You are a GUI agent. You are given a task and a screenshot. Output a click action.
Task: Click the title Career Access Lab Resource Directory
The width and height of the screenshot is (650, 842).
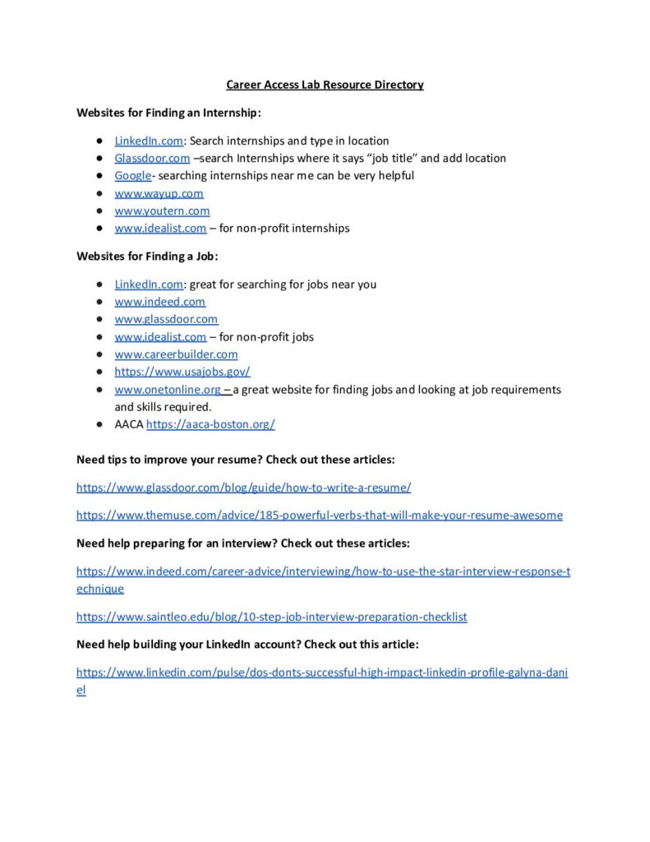click(x=325, y=85)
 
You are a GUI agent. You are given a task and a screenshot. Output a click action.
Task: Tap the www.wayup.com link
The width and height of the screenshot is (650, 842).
click(x=159, y=193)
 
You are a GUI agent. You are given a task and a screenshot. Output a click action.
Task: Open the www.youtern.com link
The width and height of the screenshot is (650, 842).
click(x=162, y=210)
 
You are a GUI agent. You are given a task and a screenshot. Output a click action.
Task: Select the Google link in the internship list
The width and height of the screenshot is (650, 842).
click(x=132, y=175)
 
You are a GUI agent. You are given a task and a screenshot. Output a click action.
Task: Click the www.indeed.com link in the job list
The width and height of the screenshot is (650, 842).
click(x=159, y=302)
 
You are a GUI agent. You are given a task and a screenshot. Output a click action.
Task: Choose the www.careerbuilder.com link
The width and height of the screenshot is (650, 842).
click(x=176, y=354)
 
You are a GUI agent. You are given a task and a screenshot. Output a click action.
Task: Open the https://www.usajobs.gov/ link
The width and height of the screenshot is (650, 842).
click(x=182, y=372)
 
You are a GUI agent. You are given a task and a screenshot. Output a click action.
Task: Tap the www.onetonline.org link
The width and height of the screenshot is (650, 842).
click(x=168, y=389)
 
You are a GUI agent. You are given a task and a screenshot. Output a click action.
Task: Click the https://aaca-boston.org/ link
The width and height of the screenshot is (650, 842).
click(x=210, y=424)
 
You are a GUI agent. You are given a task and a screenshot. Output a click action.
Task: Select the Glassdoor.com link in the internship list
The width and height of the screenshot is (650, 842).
click(x=152, y=158)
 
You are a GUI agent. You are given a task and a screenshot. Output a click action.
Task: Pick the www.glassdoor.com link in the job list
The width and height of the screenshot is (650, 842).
click(x=166, y=319)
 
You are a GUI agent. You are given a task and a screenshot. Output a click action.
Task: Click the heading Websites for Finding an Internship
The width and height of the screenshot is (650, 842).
click(x=168, y=113)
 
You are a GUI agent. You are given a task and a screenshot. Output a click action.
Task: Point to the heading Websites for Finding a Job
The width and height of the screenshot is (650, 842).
click(x=147, y=256)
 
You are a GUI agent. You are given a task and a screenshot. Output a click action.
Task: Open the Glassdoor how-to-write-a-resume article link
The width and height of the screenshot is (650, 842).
click(x=243, y=488)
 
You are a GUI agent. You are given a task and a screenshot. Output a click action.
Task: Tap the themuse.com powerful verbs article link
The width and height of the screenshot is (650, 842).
click(x=320, y=516)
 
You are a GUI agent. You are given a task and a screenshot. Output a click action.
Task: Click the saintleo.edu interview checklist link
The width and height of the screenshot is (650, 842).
click(x=271, y=617)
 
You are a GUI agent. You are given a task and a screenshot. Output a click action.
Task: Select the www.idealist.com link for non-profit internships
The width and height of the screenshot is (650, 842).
click(x=160, y=228)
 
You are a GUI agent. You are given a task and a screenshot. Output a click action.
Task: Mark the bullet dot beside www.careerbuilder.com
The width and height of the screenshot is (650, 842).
click(x=98, y=354)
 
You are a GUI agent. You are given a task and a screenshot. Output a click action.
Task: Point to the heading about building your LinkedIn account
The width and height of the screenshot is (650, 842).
click(x=247, y=645)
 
